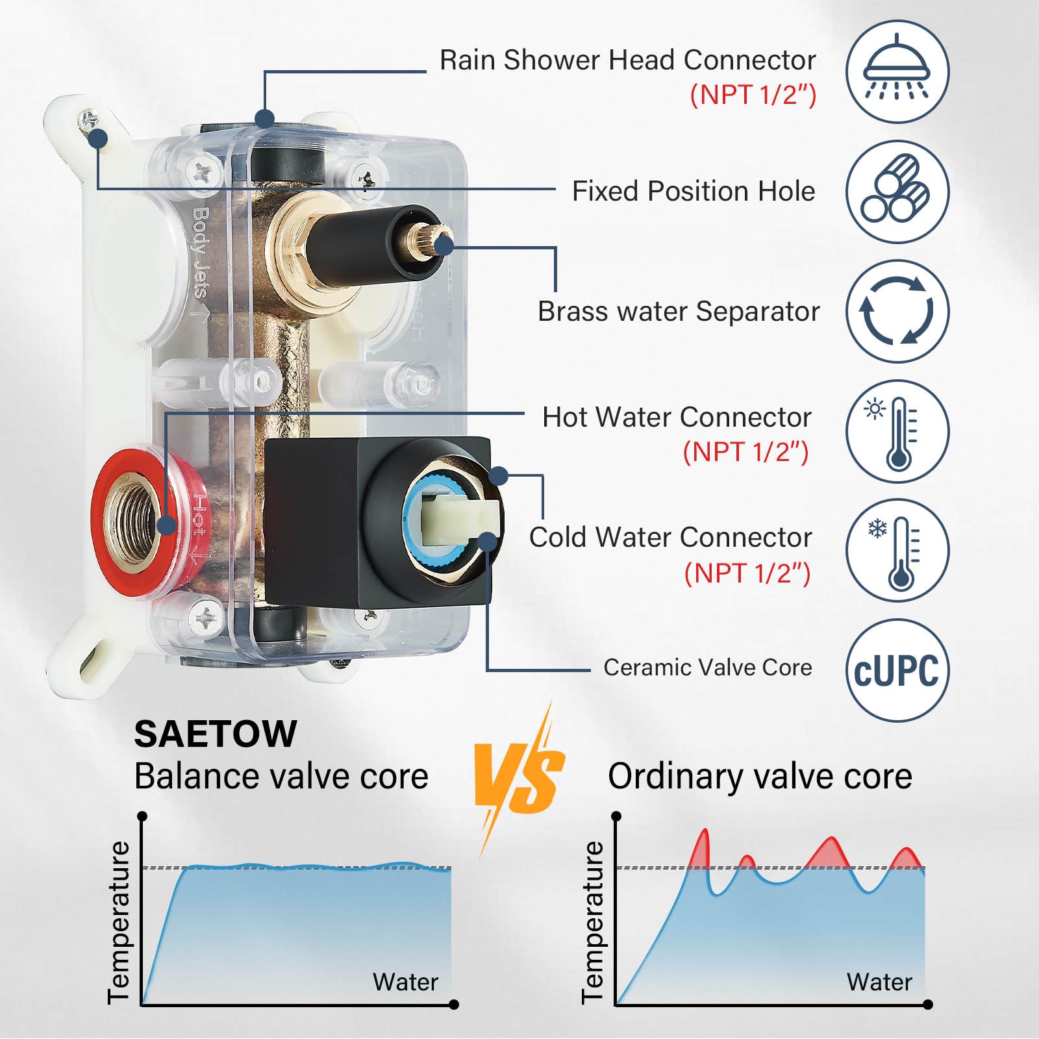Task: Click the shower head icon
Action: tap(897, 71)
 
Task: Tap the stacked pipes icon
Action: tap(897, 192)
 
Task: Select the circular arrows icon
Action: tap(897, 311)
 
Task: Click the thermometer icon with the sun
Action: tap(897, 431)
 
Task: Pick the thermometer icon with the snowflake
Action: tap(897, 551)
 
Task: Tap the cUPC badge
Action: tap(897, 670)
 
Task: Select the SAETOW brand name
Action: tap(216, 734)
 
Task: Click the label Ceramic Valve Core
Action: tap(708, 668)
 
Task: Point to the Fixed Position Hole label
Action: tap(694, 191)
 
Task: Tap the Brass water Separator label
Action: tap(679, 311)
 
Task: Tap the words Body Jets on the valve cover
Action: tap(200, 252)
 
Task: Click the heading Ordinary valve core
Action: tap(760, 776)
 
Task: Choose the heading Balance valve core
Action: tap(281, 776)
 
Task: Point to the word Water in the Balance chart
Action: tap(405, 982)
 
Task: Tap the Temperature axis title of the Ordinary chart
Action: tap(592, 922)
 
